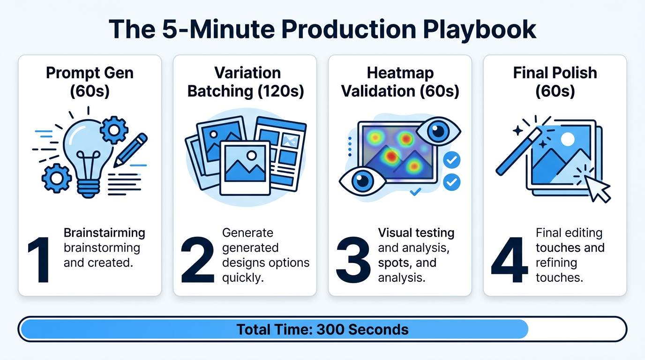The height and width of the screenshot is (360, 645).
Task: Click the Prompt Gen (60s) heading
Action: pos(90,82)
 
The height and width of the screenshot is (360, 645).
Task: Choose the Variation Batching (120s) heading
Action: pos(245,82)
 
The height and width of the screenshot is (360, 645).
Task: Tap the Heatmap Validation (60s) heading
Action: pos(400,82)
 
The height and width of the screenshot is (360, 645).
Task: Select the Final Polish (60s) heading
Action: pos(555,82)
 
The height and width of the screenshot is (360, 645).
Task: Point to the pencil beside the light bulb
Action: pos(131,149)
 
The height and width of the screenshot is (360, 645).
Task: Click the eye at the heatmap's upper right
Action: pos(439,131)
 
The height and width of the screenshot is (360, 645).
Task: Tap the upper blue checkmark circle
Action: pos(451,160)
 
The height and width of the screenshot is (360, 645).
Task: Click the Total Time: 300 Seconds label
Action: pos(322,329)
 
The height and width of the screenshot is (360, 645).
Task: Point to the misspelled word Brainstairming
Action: pos(104,233)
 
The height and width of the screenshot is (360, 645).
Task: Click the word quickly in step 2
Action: pos(243,277)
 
